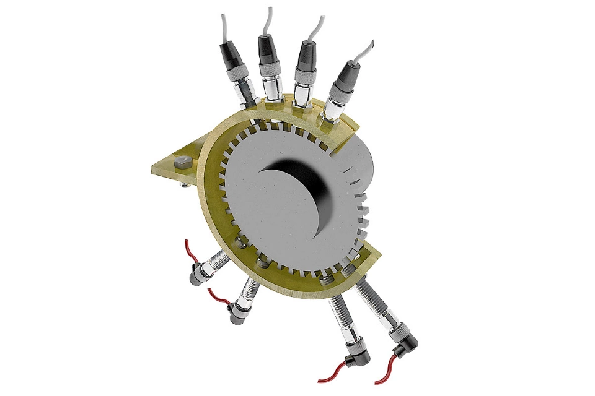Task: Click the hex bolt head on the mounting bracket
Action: pyautogui.click(x=182, y=163)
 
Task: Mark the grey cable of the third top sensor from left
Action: pyautogui.click(x=319, y=28)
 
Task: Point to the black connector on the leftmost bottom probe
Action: pyautogui.click(x=199, y=276)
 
